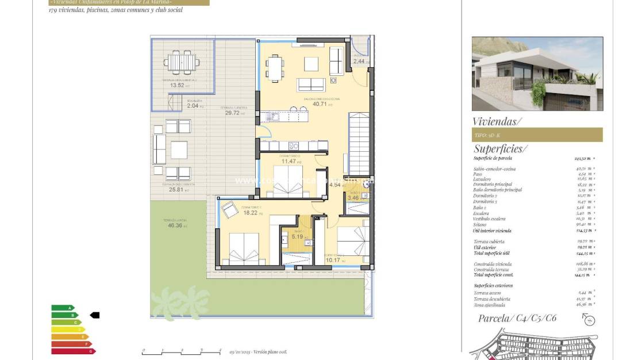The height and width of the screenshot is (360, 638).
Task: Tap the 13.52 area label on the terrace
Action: click(177, 86)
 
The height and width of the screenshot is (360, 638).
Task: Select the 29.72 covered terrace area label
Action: click(232, 113)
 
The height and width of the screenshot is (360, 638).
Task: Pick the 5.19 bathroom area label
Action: click(297, 236)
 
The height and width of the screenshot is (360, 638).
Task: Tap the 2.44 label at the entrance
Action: click(359, 61)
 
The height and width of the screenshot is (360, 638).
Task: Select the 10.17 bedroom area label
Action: click(333, 259)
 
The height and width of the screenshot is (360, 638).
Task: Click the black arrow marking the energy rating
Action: click(95, 315)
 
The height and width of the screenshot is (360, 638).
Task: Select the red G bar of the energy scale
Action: click(73, 351)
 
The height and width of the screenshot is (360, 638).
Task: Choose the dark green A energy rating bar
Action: click(63, 308)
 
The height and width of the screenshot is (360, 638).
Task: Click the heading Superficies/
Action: click(499, 149)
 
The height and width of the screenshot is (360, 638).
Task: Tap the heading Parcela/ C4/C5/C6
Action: click(517, 318)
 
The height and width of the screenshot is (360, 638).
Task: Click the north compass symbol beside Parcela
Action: click(589, 321)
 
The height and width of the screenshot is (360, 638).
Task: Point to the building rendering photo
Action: click(537, 74)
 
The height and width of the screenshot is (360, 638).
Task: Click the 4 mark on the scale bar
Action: click(220, 350)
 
